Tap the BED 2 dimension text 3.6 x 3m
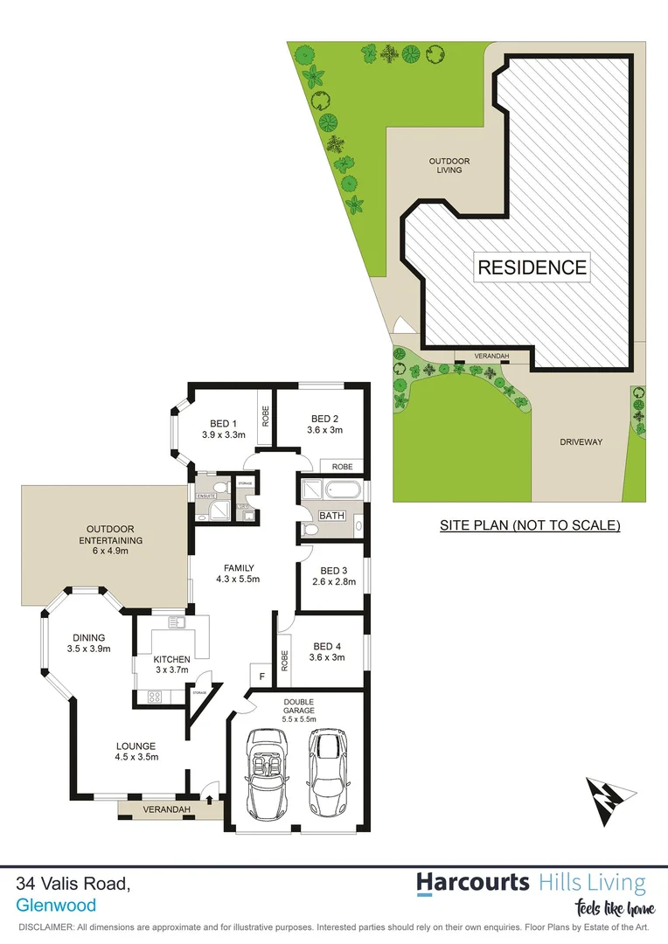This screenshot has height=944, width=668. (324, 430)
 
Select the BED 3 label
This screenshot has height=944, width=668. (332, 571)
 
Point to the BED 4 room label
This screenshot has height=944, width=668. (328, 648)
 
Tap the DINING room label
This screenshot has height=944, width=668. (88, 637)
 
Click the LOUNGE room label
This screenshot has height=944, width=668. (137, 746)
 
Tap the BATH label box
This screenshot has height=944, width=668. (331, 516)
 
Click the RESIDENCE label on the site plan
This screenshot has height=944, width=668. (532, 267)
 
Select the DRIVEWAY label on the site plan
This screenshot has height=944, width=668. (581, 442)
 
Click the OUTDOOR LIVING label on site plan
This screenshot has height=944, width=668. (449, 165)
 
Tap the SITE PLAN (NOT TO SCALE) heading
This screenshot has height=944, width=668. (530, 525)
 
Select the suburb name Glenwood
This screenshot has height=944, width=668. (56, 906)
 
